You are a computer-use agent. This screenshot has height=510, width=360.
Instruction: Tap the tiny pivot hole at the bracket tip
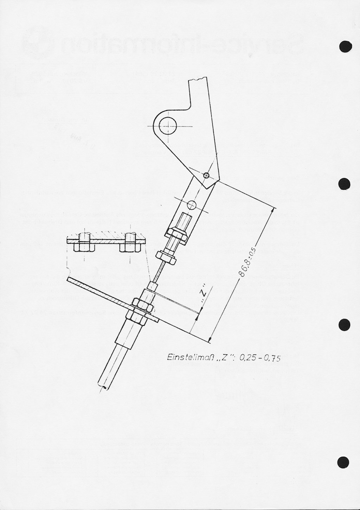point(206,175)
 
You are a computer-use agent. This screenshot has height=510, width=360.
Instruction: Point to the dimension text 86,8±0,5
point(247,263)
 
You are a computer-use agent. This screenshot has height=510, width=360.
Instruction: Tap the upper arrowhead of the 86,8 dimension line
point(273,211)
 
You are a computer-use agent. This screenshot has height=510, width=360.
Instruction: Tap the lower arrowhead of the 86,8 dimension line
point(210,339)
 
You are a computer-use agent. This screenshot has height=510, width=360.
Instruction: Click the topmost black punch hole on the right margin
point(345,47)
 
